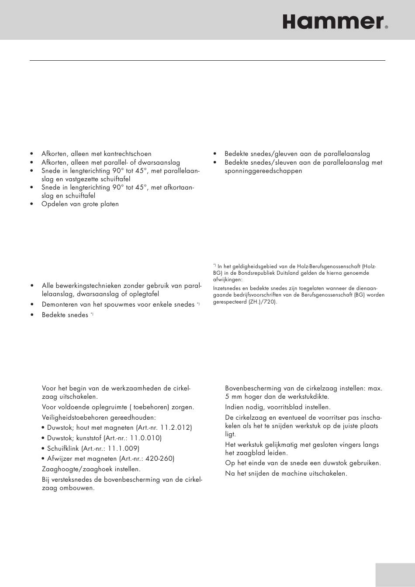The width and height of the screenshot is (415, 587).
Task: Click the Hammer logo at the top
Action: pyautogui.click(x=333, y=22)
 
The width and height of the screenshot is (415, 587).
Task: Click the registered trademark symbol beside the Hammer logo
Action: pyautogui.click(x=387, y=27)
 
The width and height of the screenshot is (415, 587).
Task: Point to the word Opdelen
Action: pyautogui.click(x=54, y=204)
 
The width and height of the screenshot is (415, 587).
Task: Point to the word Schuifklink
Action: pyautogui.click(x=63, y=448)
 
